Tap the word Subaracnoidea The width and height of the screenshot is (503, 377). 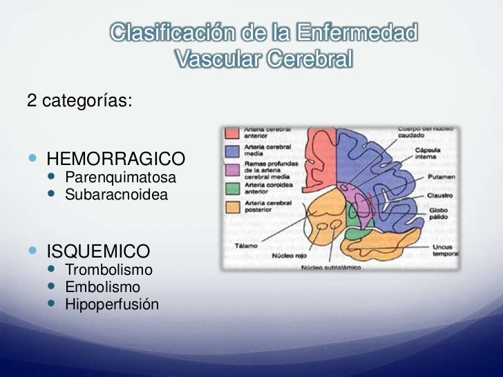coord(116,195)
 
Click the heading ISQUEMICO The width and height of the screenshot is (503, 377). coord(97,250)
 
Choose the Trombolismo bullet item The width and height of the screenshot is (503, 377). coord(108,269)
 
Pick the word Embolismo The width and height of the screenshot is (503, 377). coord(102,287)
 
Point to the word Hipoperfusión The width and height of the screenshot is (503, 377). coord(111,304)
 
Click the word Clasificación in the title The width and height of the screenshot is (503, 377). coord(173,32)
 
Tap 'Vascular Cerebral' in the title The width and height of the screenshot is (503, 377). coord(263,61)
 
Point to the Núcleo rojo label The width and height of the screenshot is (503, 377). coord(286,254)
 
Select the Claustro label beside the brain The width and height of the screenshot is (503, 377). coord(432,196)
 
